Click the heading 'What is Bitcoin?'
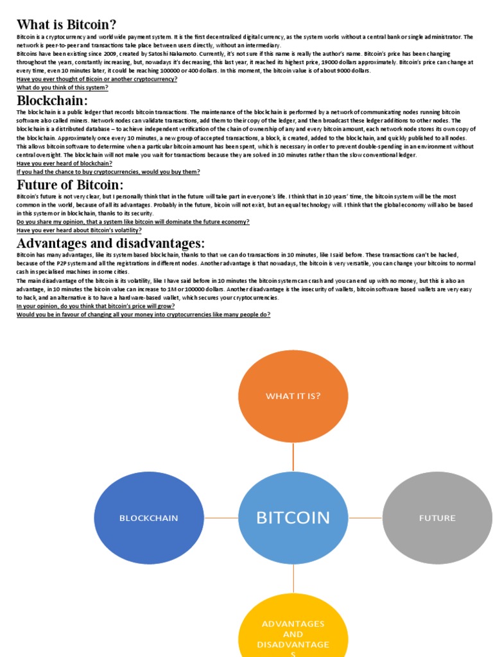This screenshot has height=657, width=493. coord(67,25)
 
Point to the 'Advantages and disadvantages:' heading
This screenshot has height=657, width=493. coord(111,243)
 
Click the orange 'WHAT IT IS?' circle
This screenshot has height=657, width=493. coord(293,396)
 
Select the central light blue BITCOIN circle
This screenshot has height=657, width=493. coord(293,517)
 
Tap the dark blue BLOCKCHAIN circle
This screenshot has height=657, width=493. coord(149,518)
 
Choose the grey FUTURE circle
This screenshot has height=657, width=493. coord(437,518)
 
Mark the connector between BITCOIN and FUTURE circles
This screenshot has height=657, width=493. coord(365,518)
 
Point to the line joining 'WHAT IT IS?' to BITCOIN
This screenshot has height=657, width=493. coord(293,456)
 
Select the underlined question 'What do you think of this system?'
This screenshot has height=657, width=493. coord(62,87)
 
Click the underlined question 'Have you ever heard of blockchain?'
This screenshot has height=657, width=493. coord(64,164)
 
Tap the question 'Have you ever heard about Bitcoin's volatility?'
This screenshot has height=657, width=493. coord(79,230)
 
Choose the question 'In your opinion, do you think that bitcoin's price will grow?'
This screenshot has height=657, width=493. coord(96,306)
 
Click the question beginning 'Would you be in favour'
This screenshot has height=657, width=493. coord(143,314)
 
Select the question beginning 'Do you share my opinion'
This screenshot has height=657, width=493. coord(133,221)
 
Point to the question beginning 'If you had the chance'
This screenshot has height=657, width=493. coord(108,172)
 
